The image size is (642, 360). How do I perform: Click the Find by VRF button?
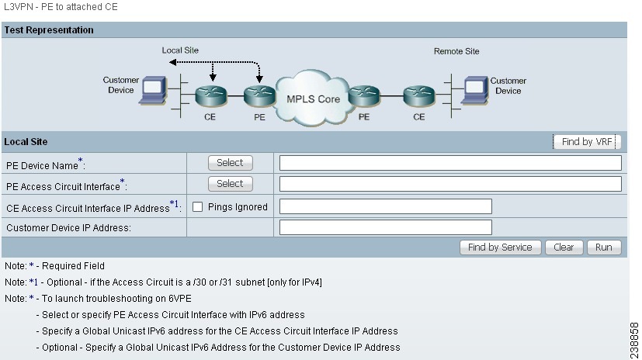[588, 142]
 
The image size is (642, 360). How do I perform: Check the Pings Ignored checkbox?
[198, 207]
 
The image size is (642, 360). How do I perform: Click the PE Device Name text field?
[450, 163]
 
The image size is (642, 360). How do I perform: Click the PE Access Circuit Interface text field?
[450, 184]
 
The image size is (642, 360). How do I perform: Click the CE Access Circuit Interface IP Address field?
[385, 206]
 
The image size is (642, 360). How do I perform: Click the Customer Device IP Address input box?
[385, 227]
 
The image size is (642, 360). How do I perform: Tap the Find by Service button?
[500, 247]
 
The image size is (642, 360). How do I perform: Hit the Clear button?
[564, 247]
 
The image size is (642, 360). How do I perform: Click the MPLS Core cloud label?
[313, 99]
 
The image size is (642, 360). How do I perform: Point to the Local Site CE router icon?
[210, 97]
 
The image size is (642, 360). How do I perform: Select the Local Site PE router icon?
[259, 97]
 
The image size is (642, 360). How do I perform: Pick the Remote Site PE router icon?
[363, 97]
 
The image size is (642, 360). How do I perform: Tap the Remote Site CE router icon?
[418, 97]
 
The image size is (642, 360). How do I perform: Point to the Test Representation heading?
[49, 30]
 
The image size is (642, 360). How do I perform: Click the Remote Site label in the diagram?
[456, 51]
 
